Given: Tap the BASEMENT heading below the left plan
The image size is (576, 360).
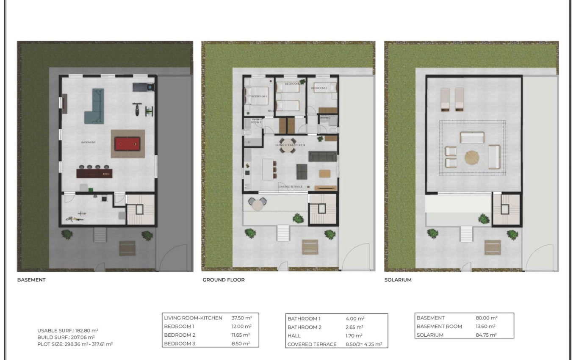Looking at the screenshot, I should (31, 280).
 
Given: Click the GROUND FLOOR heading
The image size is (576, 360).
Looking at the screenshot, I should (224, 280).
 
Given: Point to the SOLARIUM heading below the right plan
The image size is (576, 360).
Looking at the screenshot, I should (398, 280).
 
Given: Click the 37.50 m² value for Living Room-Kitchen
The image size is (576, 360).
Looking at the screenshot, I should (241, 318).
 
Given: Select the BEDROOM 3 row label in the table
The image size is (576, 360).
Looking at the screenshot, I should (180, 343).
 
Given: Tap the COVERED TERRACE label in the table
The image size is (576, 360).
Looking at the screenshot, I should (312, 344).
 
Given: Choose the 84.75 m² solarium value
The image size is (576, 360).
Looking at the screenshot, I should (486, 335).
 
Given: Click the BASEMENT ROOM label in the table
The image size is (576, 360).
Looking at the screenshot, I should (439, 326).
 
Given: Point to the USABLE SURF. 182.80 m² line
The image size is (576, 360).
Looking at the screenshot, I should (62, 330).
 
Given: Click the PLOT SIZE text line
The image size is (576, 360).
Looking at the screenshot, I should (75, 344).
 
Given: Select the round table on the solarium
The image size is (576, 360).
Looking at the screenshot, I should (473, 158).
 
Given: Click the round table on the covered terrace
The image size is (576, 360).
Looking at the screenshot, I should (258, 205).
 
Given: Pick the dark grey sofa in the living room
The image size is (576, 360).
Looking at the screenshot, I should (322, 157).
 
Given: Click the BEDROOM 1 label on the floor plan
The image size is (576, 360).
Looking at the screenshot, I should (259, 97).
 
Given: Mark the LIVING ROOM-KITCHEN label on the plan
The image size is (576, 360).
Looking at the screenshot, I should (290, 145).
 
